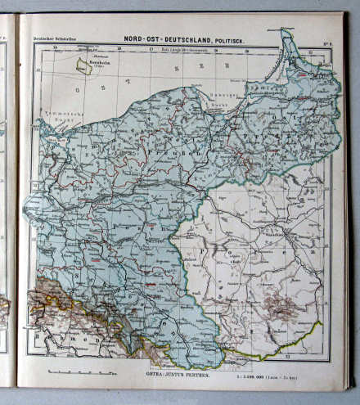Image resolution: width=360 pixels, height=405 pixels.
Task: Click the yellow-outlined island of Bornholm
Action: coord(83,65)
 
